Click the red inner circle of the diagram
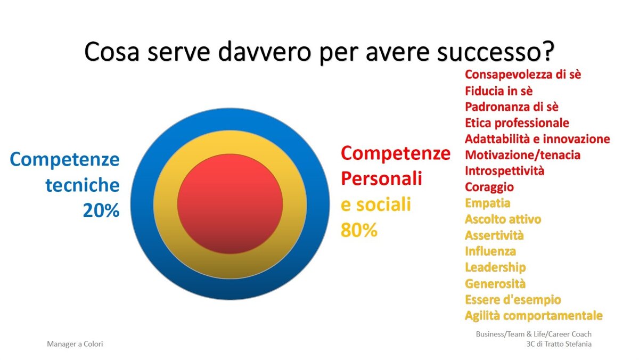(230, 203)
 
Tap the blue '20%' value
(101, 210)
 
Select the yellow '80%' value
(359, 230)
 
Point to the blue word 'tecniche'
(83, 185)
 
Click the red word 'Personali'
(381, 178)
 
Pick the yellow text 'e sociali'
(376, 204)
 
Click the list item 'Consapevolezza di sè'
(523, 75)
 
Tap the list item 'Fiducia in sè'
(498, 91)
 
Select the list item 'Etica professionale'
(517, 123)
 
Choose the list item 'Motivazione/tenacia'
(522, 155)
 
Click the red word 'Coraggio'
(489, 187)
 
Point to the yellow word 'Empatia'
(488, 203)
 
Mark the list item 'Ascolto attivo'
(503, 219)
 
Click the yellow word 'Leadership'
(495, 267)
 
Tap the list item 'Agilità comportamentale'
(534, 315)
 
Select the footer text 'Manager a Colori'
(75, 344)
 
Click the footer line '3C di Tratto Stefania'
(559, 344)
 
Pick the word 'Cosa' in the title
(111, 52)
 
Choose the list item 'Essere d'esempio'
(513, 299)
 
